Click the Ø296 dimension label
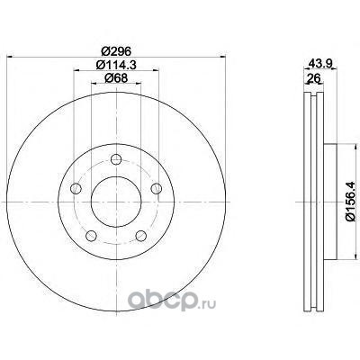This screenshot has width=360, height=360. [116, 51]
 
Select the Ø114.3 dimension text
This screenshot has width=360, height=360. [116, 65]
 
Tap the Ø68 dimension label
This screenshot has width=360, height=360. [116, 78]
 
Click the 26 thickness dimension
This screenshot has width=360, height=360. [314, 78]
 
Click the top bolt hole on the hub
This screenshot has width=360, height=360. [116, 159]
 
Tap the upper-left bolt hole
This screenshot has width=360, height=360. [76, 188]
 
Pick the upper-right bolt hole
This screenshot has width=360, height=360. [156, 188]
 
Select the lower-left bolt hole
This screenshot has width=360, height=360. [91, 236]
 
